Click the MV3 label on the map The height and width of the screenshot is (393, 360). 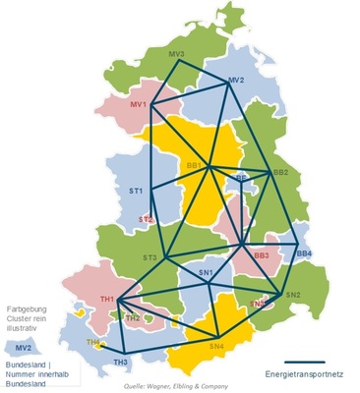[177, 54]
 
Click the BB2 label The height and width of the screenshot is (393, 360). [280, 173]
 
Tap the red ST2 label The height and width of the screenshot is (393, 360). [146, 219]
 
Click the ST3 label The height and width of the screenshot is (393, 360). [150, 257]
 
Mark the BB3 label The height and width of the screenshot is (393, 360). [262, 256]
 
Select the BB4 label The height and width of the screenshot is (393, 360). [304, 253]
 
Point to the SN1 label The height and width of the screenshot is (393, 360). [206, 271]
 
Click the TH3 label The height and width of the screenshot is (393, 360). [120, 363]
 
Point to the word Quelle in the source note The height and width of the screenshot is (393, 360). [137, 387]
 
